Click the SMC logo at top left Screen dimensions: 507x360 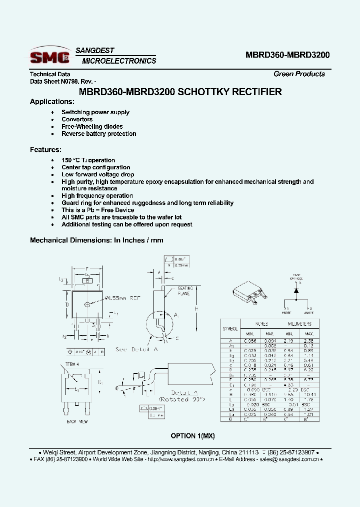pyautogui.click(x=49, y=56)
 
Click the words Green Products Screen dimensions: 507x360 pyautogui.click(x=299, y=74)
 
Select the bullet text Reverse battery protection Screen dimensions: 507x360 pyautogui.click(x=98, y=134)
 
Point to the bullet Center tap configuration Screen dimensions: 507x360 pyautogui.click(x=95, y=167)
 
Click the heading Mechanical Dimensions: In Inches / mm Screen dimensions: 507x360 pyautogui.click(x=96, y=240)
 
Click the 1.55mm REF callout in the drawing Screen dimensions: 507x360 pyautogui.click(x=123, y=298)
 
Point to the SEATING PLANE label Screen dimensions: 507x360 pyautogui.click(x=185, y=291)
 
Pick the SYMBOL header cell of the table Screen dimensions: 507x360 pyautogui.click(x=230, y=329)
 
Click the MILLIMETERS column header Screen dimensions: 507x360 pyautogui.click(x=299, y=324)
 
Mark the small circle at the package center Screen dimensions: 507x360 pyautogui.click(x=87, y=304)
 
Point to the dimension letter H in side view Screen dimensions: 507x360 pyautogui.click(x=196, y=309)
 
